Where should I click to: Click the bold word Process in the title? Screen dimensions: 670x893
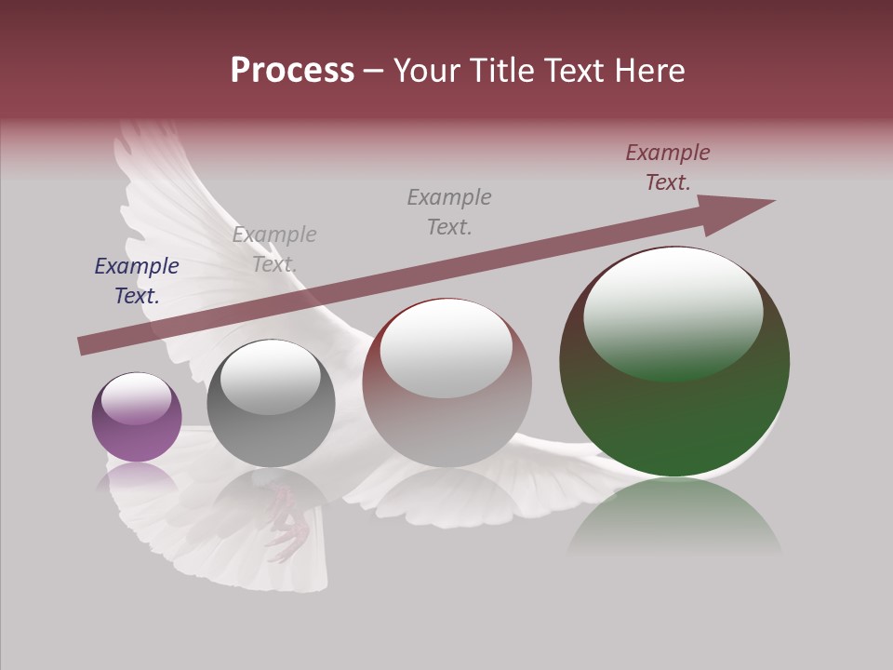tap(292, 70)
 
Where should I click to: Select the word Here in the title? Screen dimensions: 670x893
tap(647, 70)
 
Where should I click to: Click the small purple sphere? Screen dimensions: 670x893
tap(137, 418)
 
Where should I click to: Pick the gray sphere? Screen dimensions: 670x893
tap(271, 404)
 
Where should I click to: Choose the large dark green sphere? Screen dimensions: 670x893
tap(674, 362)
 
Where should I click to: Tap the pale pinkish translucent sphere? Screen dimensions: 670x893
tap(447, 382)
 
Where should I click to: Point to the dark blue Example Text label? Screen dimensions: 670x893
tap(137, 281)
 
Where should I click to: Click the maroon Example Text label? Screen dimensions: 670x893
tap(668, 167)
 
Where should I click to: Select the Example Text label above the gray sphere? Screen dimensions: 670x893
tap(274, 249)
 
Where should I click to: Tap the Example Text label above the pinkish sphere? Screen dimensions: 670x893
tap(449, 211)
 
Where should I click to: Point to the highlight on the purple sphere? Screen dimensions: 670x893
tap(136, 398)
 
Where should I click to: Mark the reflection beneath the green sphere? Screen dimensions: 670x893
tap(674, 516)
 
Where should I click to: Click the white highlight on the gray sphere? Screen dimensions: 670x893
tap(270, 376)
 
